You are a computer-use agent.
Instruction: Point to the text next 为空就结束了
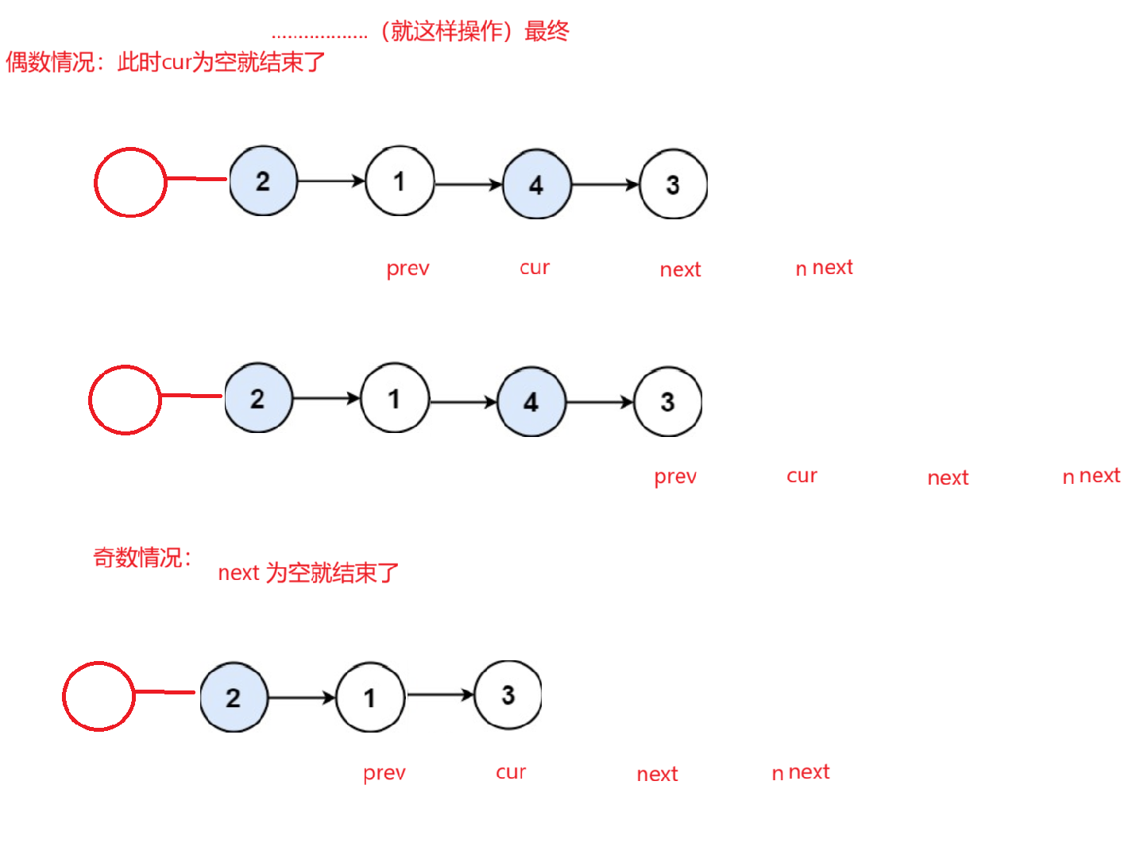tap(308, 572)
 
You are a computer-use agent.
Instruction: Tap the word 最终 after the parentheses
tap(547, 31)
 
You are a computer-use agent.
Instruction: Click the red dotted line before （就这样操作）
tap(319, 36)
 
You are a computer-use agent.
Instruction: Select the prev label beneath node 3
tap(675, 476)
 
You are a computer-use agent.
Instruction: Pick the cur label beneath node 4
tap(535, 268)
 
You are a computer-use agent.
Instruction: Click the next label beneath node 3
tap(681, 269)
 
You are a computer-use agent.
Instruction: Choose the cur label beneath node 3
tap(511, 772)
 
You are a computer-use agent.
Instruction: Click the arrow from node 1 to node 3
tap(440, 695)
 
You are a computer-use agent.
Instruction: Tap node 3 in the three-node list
tap(508, 695)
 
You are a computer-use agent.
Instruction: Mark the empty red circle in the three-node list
tap(99, 696)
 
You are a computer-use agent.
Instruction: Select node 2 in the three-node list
tap(234, 697)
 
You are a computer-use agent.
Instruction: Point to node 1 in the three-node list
tap(370, 698)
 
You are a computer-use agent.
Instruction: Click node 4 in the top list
tap(536, 184)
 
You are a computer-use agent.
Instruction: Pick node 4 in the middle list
tap(531, 401)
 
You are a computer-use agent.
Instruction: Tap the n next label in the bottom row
tap(801, 772)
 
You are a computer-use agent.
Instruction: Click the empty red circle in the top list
tap(129, 182)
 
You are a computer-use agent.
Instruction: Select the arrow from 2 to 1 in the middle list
tap(326, 398)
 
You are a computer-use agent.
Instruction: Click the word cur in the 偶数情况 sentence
tap(176, 62)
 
